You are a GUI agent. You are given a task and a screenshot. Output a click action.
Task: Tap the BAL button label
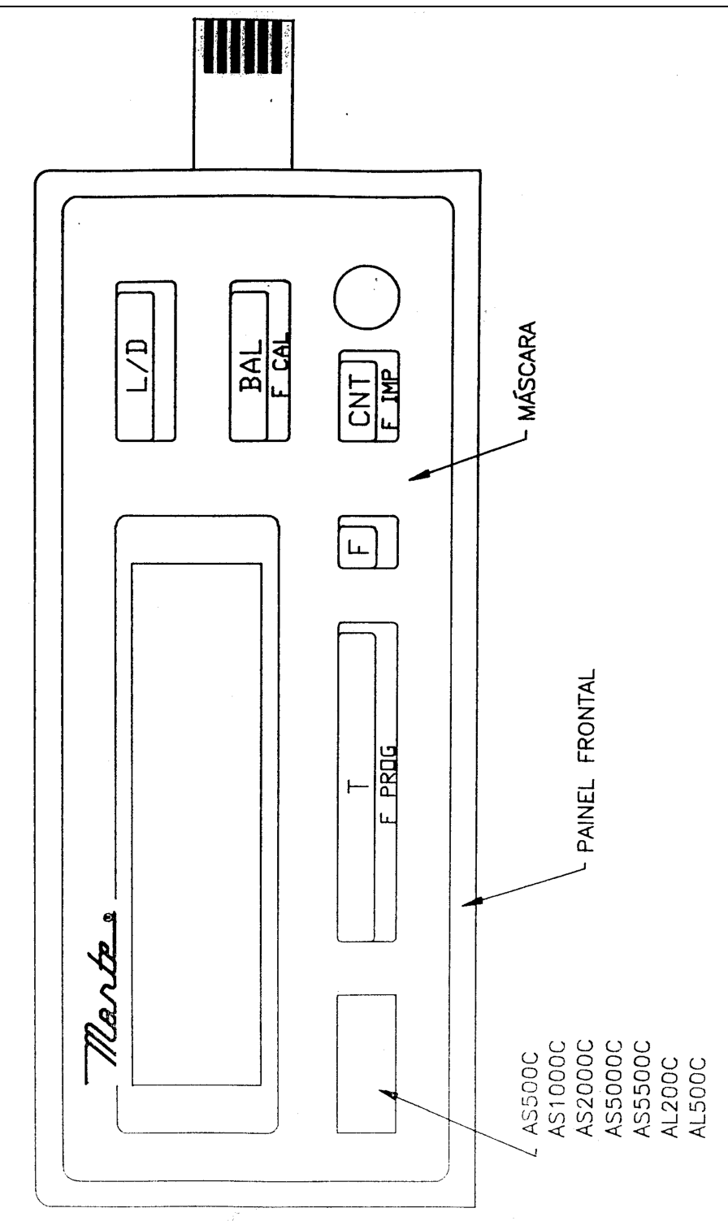click(251, 366)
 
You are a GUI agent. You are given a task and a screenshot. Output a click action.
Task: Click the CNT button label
click(360, 400)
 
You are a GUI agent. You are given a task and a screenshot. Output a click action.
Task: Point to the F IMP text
click(390, 400)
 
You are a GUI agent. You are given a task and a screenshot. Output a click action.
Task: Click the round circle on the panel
click(366, 296)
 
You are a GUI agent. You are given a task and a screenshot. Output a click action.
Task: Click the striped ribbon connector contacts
click(243, 47)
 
